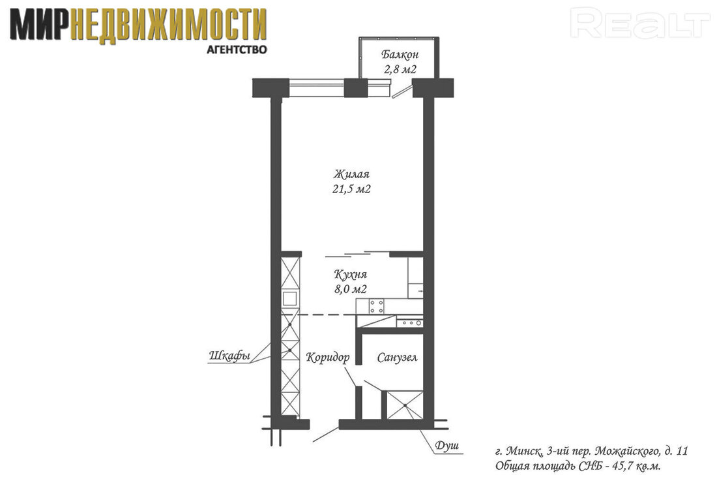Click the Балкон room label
[400, 55]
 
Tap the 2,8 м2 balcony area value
[400, 70]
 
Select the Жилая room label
[351, 174]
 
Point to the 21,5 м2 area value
[351, 189]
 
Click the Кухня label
[351, 275]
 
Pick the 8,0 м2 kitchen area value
[351, 289]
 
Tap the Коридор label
[328, 358]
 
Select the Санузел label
[398, 358]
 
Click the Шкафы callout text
[230, 356]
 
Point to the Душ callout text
[446, 446]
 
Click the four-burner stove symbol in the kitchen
[377, 306]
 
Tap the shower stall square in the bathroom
[405, 405]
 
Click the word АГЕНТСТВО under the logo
[237, 50]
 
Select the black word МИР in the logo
[40, 25]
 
